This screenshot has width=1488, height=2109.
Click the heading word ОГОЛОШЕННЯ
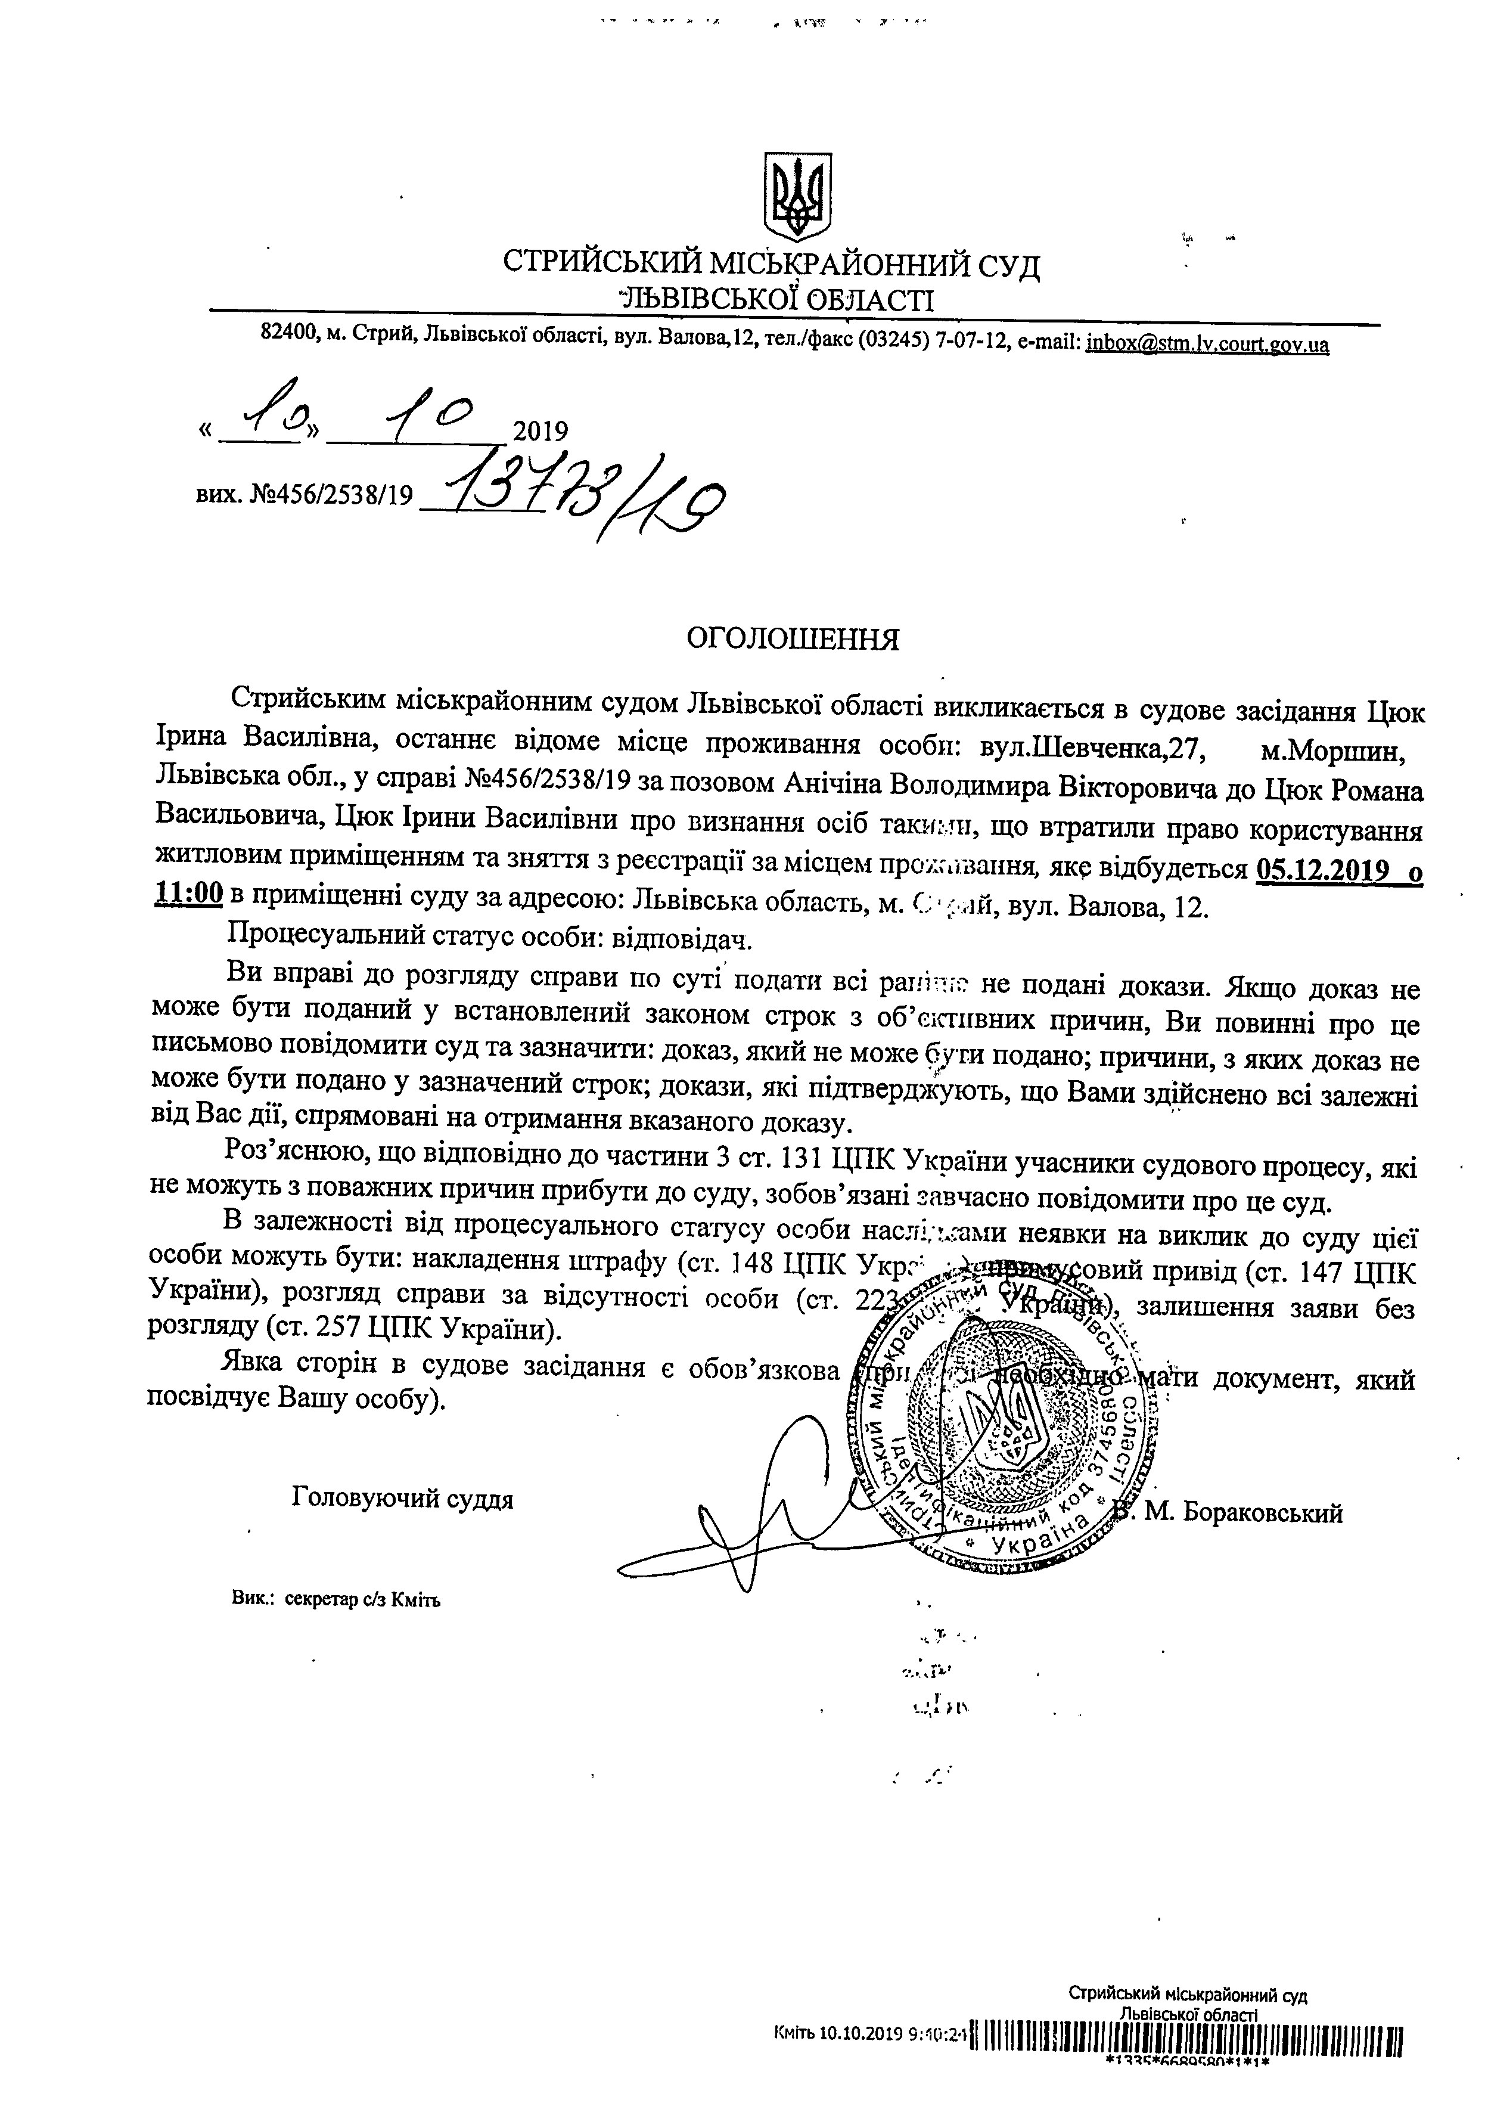tap(794, 639)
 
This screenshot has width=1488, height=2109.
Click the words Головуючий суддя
tap(402, 1499)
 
